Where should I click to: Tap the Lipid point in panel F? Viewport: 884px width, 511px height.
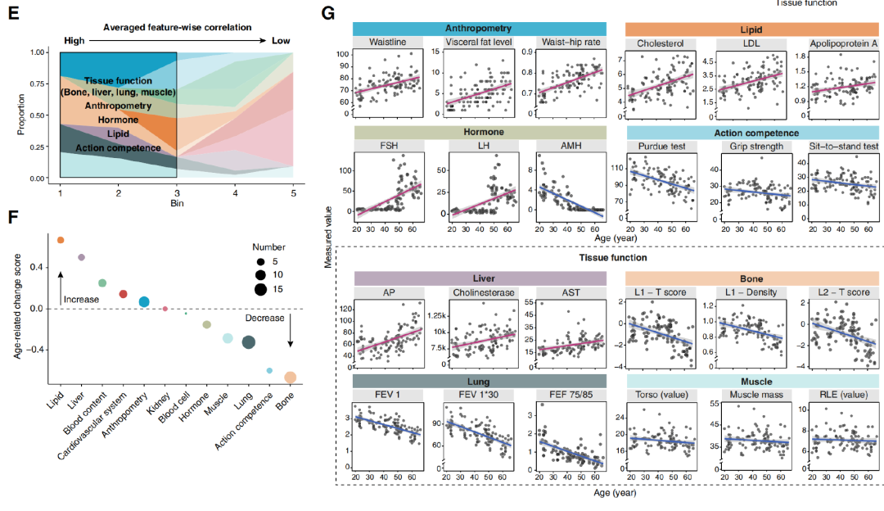coord(60,240)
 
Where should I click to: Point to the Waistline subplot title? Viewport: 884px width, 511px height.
coord(388,43)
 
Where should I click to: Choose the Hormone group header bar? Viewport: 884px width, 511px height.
coord(480,131)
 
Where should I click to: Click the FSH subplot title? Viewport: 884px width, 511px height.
coord(388,146)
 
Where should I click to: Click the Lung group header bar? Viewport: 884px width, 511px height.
coord(480,381)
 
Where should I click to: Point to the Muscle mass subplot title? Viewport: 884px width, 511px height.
coord(750,396)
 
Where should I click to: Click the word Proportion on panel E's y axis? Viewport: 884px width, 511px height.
coord(18,115)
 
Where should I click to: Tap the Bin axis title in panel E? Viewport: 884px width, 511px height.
coord(177,202)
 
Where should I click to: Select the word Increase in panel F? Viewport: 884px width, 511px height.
coord(81,300)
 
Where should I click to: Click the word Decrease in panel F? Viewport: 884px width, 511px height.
coord(267,318)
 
